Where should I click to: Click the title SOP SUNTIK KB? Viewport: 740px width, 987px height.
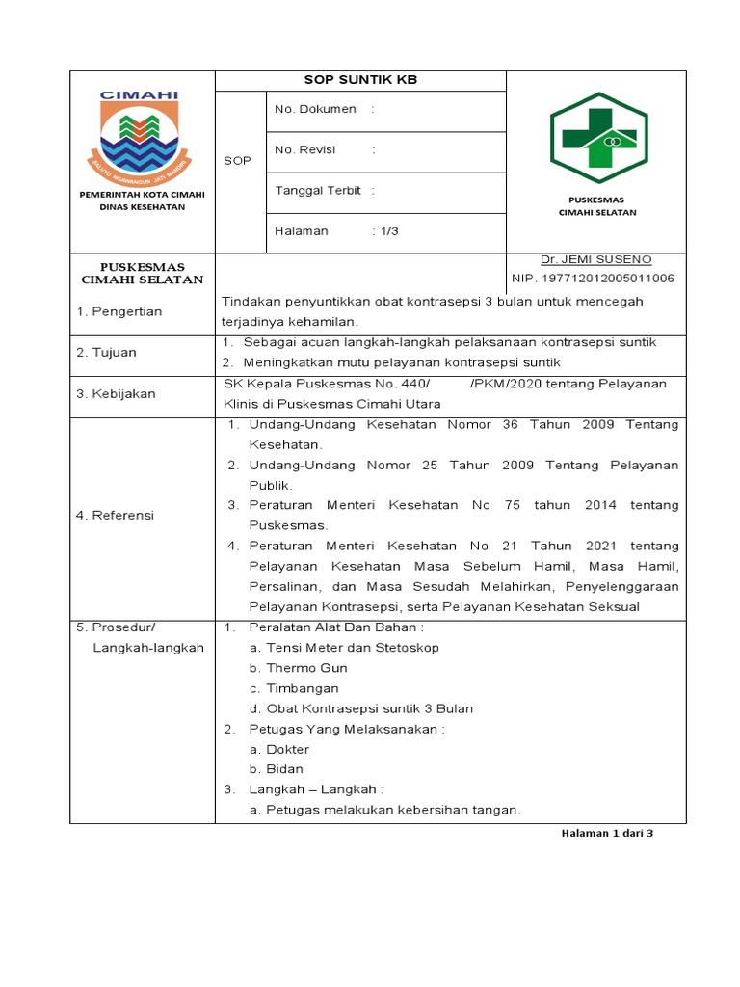pyautogui.click(x=360, y=80)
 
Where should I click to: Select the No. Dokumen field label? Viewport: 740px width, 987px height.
pyautogui.click(x=315, y=110)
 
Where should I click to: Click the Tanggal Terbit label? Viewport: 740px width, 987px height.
pyautogui.click(x=318, y=191)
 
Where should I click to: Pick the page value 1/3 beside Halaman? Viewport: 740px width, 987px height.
pyautogui.click(x=388, y=231)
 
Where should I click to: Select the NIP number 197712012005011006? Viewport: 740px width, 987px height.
pyautogui.click(x=593, y=279)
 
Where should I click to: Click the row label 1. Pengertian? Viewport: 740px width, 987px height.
pyautogui.click(x=119, y=311)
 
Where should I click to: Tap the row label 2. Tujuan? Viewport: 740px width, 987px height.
pyautogui.click(x=106, y=353)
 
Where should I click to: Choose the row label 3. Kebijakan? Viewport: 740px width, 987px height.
pyautogui.click(x=116, y=393)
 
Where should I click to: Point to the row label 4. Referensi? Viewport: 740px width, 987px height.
pyautogui.click(x=116, y=516)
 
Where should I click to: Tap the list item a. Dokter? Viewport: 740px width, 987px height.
pyautogui.click(x=279, y=749)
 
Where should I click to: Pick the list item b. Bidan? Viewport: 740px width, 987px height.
pyautogui.click(x=277, y=769)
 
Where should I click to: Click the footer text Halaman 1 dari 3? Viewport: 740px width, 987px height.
pyautogui.click(x=607, y=834)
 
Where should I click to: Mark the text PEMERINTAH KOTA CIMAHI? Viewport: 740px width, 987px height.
pyautogui.click(x=142, y=195)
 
